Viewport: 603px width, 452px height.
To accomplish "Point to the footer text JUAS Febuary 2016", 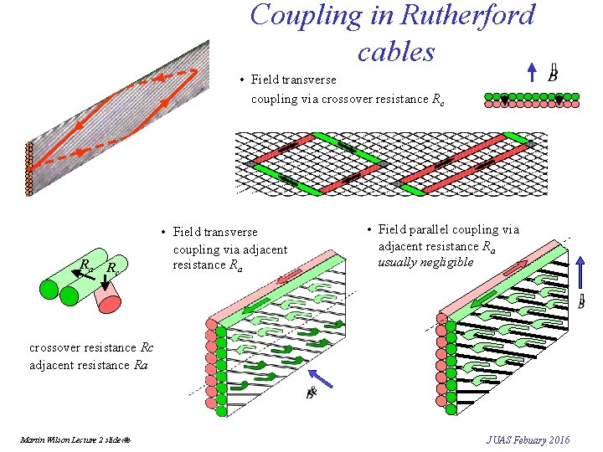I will (x=528, y=439).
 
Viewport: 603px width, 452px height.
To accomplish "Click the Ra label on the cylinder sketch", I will (x=85, y=265).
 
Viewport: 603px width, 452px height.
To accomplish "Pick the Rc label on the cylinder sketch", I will (x=111, y=269).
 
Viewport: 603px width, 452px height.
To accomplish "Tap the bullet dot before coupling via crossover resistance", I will (x=241, y=80).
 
